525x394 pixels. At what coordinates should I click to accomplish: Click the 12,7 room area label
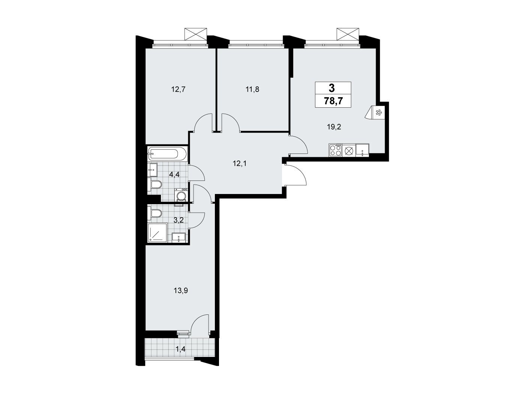coord(178,89)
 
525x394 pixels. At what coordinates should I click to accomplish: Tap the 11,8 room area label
coord(252,89)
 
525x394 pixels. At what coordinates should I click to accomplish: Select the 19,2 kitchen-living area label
coord(334,127)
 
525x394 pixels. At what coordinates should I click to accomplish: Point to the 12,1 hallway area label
coord(240,164)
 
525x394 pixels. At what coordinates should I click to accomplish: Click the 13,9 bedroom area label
coord(181,291)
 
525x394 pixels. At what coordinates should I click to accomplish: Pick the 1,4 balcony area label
coord(181,349)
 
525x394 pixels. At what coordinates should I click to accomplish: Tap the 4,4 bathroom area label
coord(174,174)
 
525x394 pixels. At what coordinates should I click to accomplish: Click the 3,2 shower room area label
coord(178,220)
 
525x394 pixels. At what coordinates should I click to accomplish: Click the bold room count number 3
coord(332,89)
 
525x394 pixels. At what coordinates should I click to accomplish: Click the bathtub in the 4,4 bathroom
coord(167,154)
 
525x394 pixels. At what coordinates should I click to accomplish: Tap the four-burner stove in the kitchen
coord(335,150)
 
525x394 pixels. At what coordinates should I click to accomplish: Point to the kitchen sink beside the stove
coord(362,150)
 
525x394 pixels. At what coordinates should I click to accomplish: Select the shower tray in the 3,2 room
coord(157,233)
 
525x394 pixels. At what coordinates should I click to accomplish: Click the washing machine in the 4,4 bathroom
coord(181,195)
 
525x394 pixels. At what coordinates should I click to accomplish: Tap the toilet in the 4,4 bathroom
coord(155,185)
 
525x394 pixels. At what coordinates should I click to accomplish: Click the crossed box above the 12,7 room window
coord(195,34)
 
